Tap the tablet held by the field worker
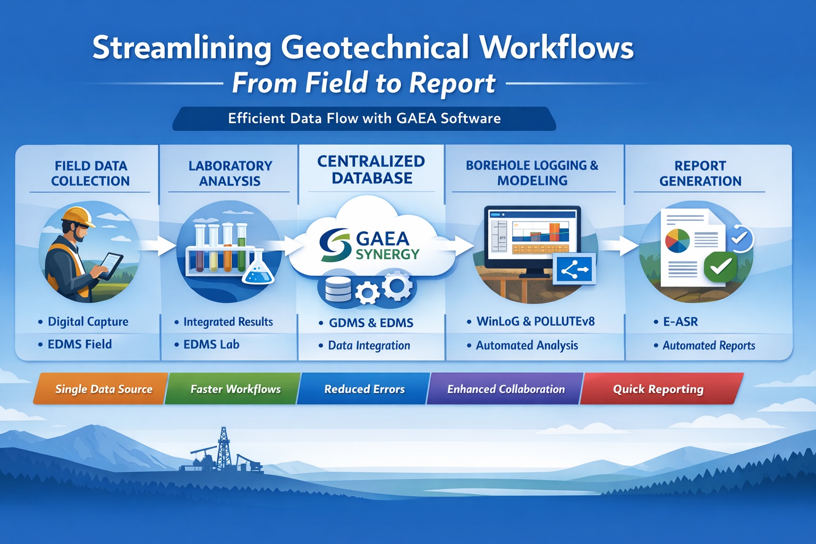pyautogui.click(x=111, y=265)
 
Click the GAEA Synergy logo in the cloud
pyautogui.click(x=370, y=245)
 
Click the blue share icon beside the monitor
pyautogui.click(x=575, y=270)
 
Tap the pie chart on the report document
pyautogui.click(x=677, y=241)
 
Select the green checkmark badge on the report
pyautogui.click(x=720, y=267)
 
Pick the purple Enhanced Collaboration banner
pyautogui.click(x=505, y=389)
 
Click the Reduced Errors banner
pyautogui.click(x=364, y=389)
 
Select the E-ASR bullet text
pyautogui.click(x=680, y=322)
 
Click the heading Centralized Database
pyautogui.click(x=371, y=169)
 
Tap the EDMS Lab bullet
pyautogui.click(x=211, y=344)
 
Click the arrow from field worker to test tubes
pyautogui.click(x=159, y=245)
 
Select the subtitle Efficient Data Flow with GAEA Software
pyautogui.click(x=364, y=118)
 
